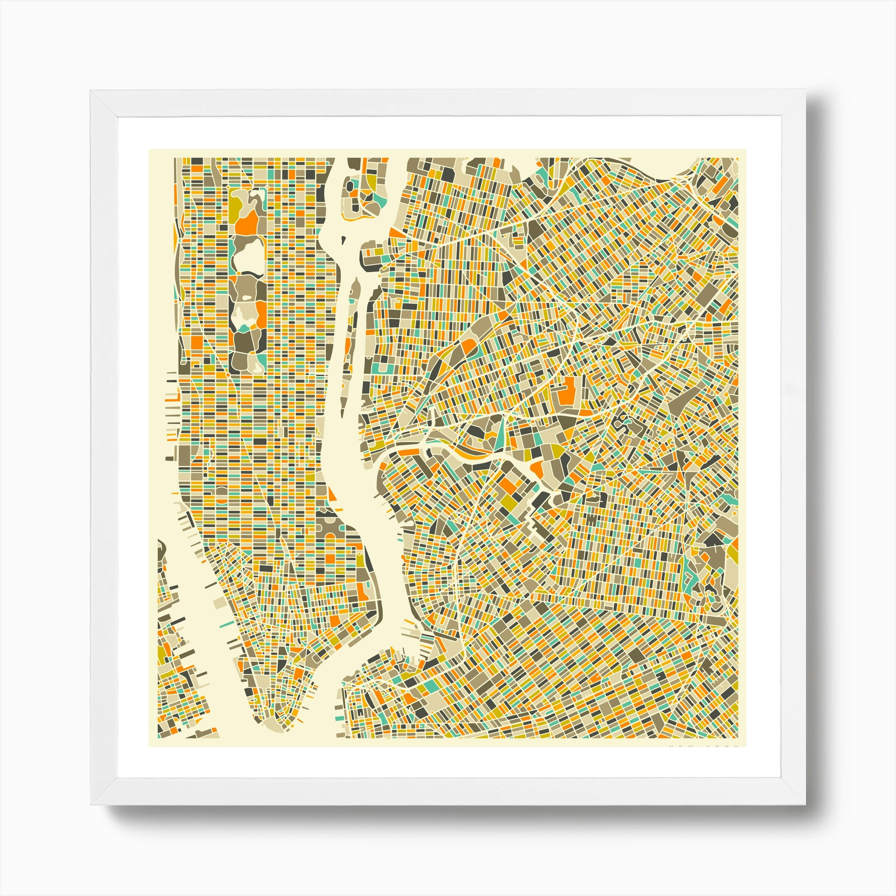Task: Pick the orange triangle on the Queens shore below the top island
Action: pyautogui.click(x=393, y=233)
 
